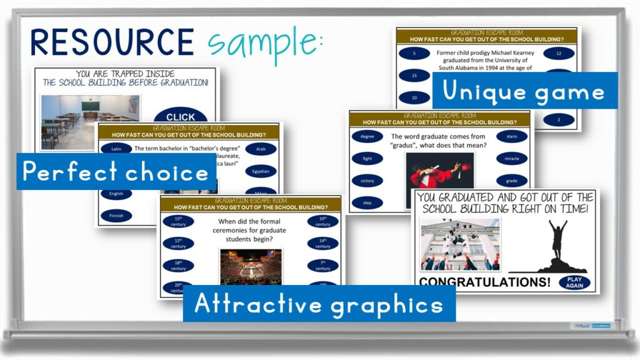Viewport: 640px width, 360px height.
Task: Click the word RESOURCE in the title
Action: point(112,42)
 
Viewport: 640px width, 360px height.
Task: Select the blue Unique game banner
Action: point(524,92)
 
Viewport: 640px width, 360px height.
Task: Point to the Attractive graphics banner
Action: point(319,304)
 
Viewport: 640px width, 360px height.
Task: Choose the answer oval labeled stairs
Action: point(512,136)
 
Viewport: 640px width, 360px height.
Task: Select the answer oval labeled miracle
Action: point(512,159)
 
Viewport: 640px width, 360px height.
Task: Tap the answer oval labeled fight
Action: point(367,159)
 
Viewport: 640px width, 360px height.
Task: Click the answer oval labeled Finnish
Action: point(116,216)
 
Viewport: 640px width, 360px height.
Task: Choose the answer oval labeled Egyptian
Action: point(261,171)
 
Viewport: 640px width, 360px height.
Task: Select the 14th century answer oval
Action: point(322,243)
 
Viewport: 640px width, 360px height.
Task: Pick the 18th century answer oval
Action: point(178,265)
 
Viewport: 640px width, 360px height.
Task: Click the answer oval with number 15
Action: point(414,76)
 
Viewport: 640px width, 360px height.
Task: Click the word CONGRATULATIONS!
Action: point(484,282)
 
